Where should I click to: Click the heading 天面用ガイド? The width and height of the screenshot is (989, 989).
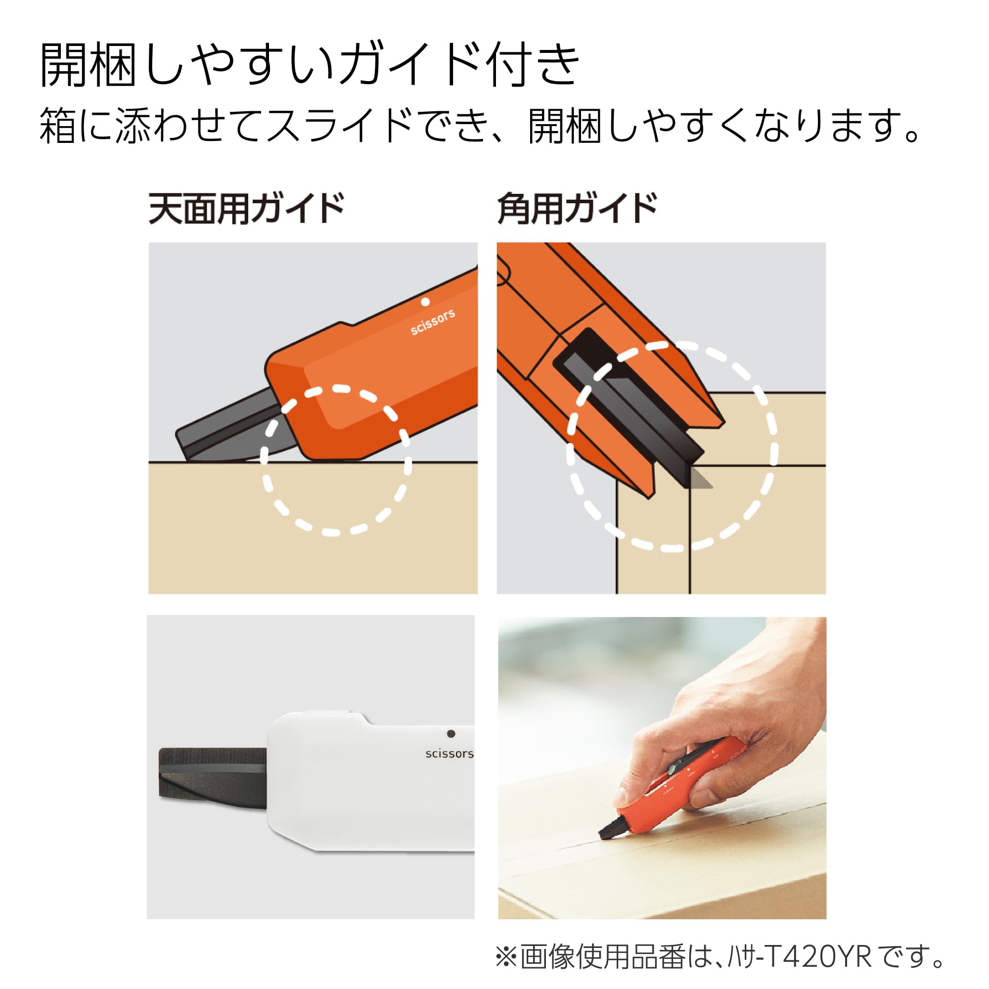click(246, 208)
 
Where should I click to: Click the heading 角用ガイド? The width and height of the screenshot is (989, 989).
click(577, 208)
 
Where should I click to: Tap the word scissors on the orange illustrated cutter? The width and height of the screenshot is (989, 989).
click(433, 322)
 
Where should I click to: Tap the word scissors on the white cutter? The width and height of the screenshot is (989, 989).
click(450, 754)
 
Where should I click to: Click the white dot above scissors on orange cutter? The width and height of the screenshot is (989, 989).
click(425, 302)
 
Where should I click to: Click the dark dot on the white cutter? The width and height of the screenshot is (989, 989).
click(451, 733)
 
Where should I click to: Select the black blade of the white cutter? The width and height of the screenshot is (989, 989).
click(213, 773)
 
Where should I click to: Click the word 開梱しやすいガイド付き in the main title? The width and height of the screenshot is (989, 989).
click(310, 65)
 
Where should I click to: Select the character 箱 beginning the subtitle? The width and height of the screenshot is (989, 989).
click(58, 126)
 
